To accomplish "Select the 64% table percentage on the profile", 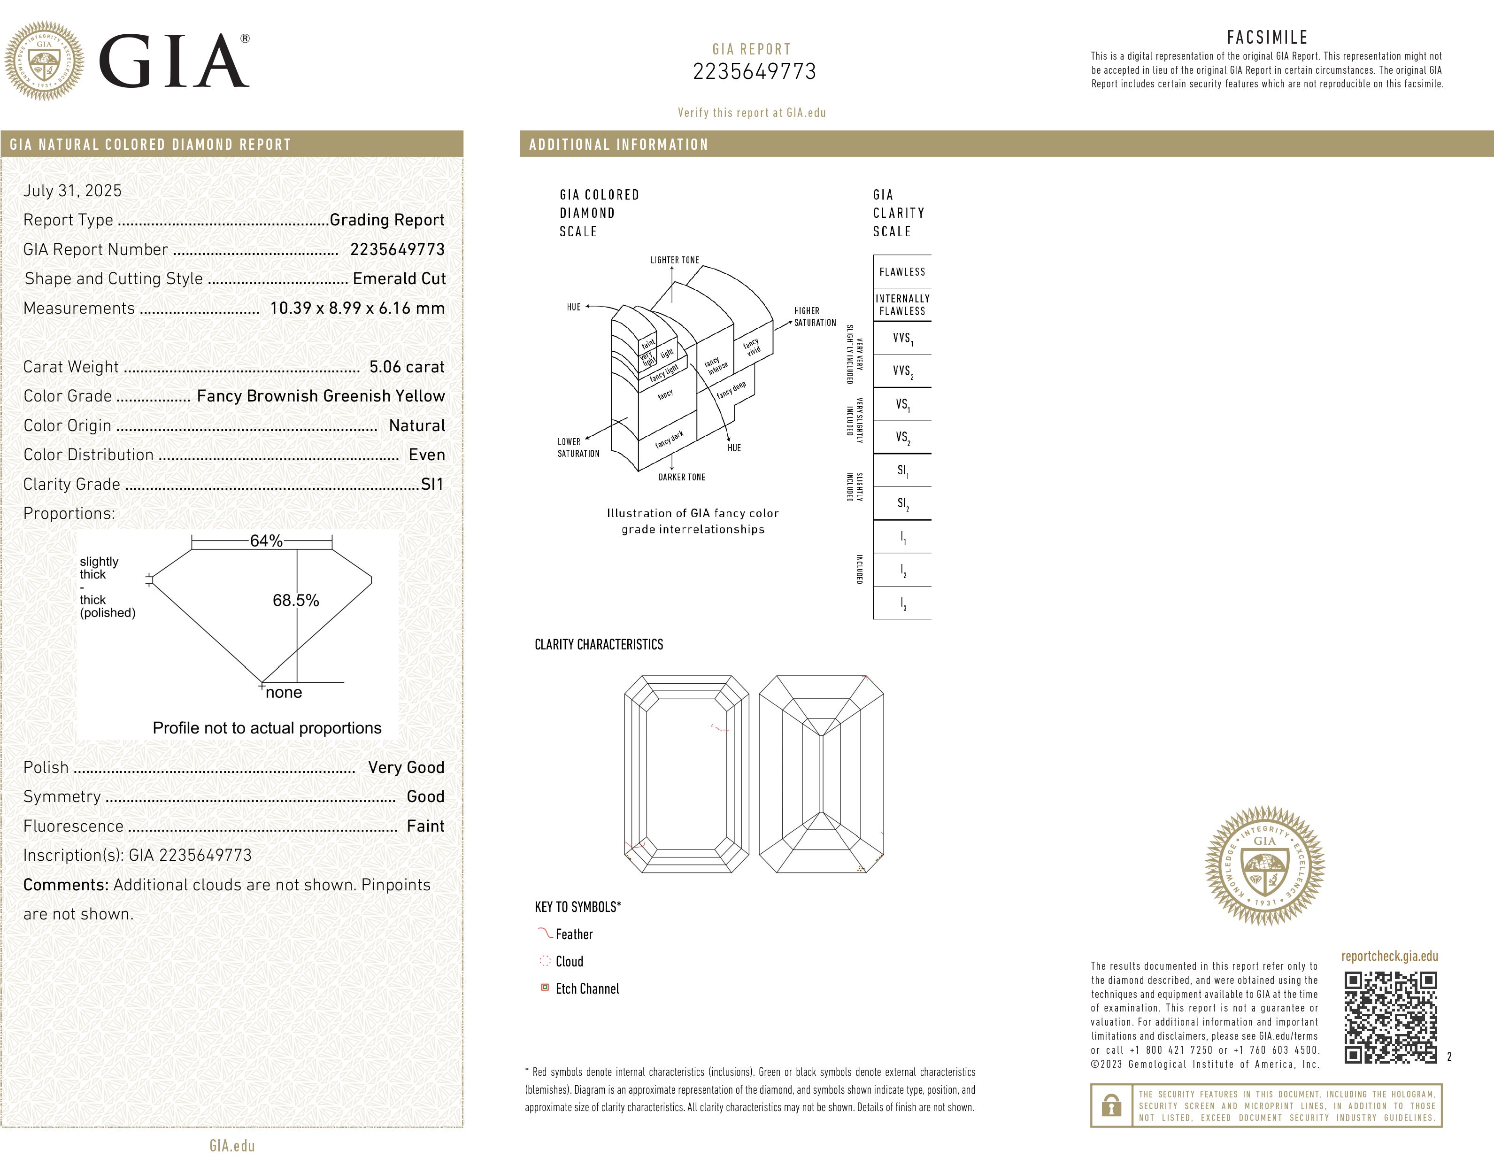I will [x=266, y=541].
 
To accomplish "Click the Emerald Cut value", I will [x=399, y=278].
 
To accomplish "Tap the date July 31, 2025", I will [x=72, y=191].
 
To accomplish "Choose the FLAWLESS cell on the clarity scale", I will [x=901, y=271].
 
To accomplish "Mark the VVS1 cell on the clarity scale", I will [x=901, y=338].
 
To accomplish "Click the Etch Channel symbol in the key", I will [x=545, y=988].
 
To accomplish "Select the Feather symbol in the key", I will [x=545, y=933].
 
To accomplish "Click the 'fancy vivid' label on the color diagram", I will [x=752, y=347].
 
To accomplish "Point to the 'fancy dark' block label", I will [x=669, y=439].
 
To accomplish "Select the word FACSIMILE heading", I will [x=1267, y=37].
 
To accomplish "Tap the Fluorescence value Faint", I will [x=425, y=826].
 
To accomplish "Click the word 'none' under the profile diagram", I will [x=283, y=692].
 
